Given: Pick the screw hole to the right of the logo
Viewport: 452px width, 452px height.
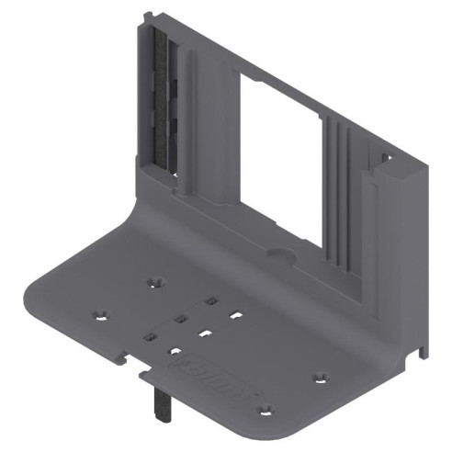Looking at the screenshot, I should (321, 376).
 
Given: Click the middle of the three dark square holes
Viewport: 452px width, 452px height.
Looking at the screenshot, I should (180, 318).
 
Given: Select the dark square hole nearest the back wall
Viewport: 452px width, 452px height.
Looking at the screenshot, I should (211, 299).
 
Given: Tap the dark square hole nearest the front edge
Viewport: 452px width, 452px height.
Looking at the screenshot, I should (147, 337).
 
